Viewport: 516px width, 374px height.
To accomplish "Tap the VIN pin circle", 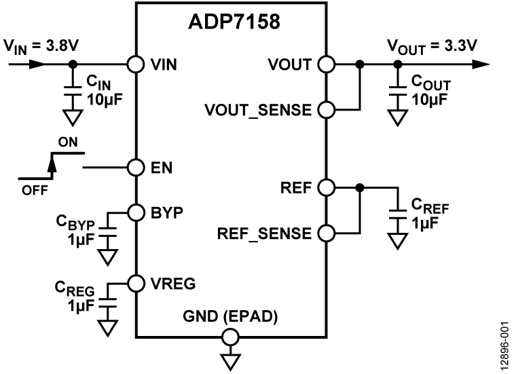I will (136, 64).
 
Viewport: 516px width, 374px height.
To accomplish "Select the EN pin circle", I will (136, 166).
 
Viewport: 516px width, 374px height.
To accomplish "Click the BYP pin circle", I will (136, 211).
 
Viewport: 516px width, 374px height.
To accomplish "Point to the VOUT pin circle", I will (326, 64).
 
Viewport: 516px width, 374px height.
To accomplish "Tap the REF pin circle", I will (326, 187).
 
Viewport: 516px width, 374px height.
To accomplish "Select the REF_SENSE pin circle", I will (326, 233).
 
